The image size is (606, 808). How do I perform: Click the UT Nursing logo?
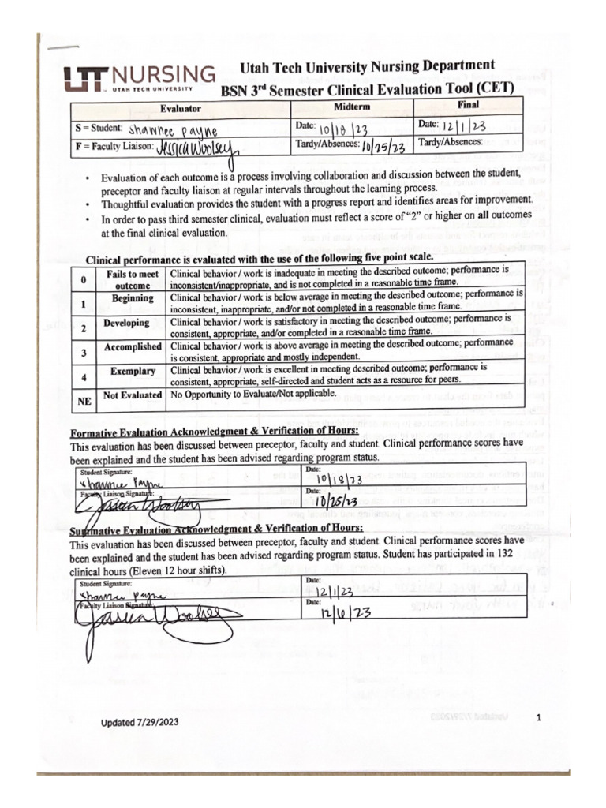pyautogui.click(x=139, y=79)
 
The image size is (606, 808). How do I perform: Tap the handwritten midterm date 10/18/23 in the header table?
pyautogui.click(x=344, y=129)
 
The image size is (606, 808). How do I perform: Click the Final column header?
pyautogui.click(x=468, y=105)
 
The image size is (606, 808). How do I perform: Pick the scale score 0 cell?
pyautogui.click(x=84, y=280)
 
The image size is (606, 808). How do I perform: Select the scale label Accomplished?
pyautogui.click(x=132, y=348)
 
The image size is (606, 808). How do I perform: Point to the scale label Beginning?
pyautogui.click(x=132, y=300)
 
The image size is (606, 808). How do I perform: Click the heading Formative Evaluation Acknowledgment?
pyautogui.click(x=214, y=432)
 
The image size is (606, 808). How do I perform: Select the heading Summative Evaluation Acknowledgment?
pyautogui.click(x=216, y=529)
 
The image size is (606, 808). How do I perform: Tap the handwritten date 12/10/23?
pyautogui.click(x=339, y=612)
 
